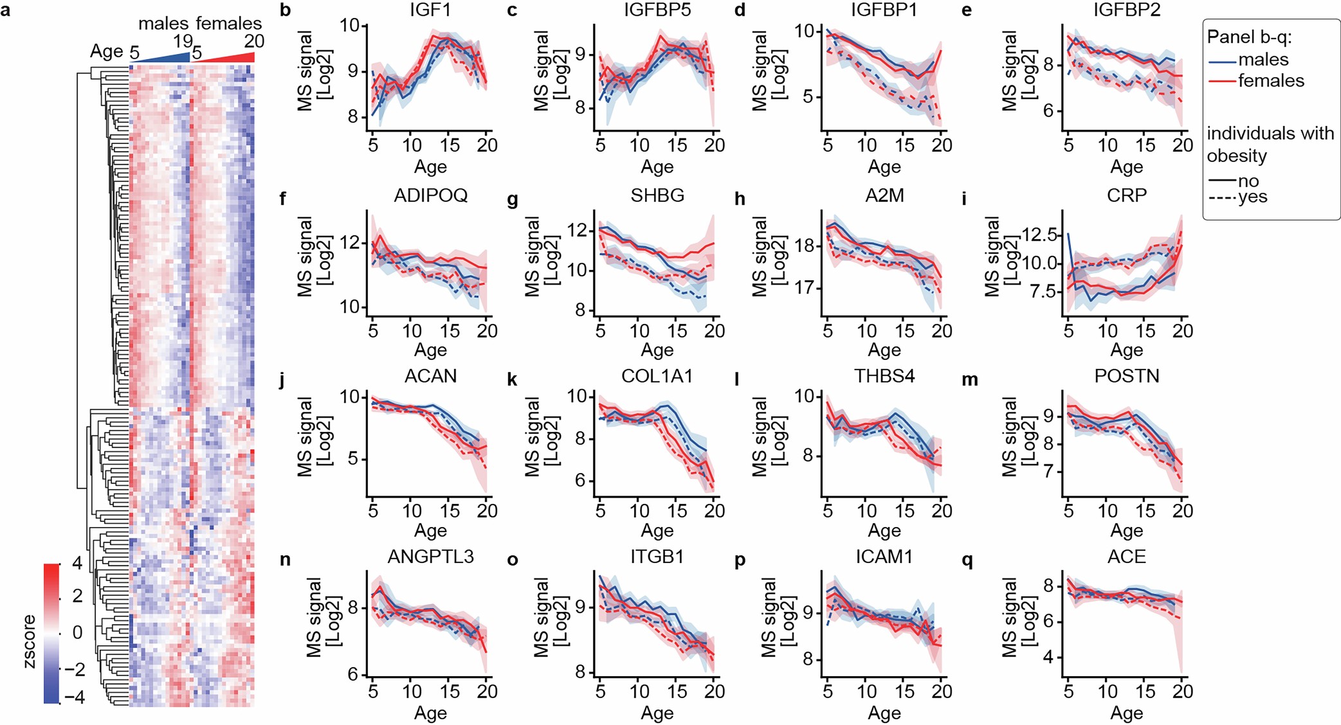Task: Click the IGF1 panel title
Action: tap(430, 11)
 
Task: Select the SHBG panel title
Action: tap(657, 195)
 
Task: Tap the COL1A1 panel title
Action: tap(657, 376)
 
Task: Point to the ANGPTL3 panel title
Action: tap(430, 557)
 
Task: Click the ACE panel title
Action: tap(1126, 557)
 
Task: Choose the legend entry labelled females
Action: tap(1270, 81)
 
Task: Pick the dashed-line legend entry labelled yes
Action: tap(1252, 197)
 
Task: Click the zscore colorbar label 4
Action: tap(77, 564)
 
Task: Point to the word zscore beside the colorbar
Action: tap(30, 641)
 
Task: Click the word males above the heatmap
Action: tap(163, 24)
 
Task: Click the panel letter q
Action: tap(966, 561)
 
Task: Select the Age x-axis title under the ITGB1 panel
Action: tap(657, 713)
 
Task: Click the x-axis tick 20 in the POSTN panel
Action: tap(1182, 511)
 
